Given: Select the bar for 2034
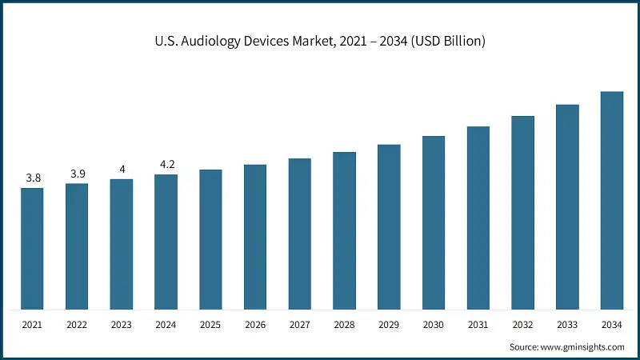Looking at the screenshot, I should coord(612,200).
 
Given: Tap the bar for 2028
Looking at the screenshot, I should coord(344,230).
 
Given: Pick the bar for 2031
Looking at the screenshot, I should coord(478,218).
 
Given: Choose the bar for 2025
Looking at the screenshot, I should coord(210,239).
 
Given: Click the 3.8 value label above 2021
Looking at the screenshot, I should coord(33,178).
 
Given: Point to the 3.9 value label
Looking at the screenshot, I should coord(77,174).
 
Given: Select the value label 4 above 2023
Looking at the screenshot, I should coord(122,169).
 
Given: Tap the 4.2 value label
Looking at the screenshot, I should coord(166,164).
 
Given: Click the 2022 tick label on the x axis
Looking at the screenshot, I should coord(77,325).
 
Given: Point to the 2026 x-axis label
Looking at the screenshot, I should coord(255,325).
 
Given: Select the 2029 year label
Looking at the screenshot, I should coord(389,325).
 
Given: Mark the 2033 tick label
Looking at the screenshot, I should coord(567,325).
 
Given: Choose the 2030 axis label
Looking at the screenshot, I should coord(434,325).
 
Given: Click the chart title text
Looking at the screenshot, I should coord(319,42).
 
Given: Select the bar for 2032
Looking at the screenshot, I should coord(522,213).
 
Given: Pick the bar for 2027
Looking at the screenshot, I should coord(300,234).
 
